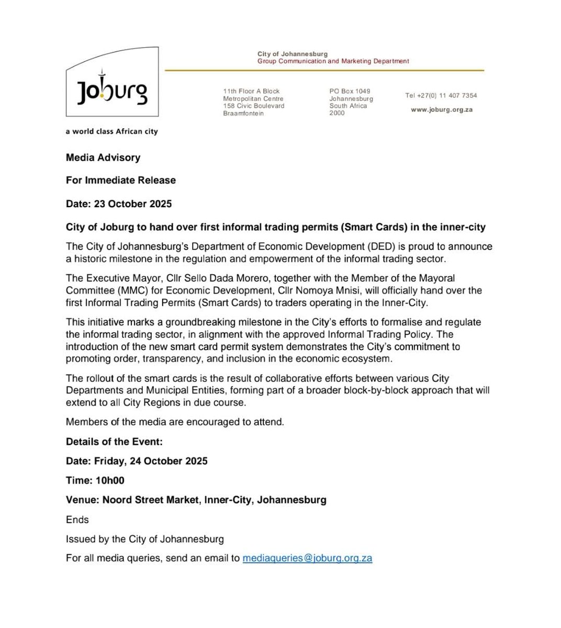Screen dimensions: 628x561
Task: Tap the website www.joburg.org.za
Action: point(442,110)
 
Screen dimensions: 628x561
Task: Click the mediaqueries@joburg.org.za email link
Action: point(307,558)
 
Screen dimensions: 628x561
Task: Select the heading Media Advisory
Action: point(103,157)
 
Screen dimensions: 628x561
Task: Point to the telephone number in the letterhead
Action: point(441,96)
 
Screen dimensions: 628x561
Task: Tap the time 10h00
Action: point(110,480)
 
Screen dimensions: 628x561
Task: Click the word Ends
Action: point(77,520)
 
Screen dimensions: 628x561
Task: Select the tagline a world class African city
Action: point(111,131)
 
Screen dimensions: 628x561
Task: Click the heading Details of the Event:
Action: point(114,442)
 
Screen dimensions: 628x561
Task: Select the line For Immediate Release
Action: point(121,180)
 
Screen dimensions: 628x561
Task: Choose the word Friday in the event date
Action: point(109,461)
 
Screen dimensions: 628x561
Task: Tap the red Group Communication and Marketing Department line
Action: point(333,61)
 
